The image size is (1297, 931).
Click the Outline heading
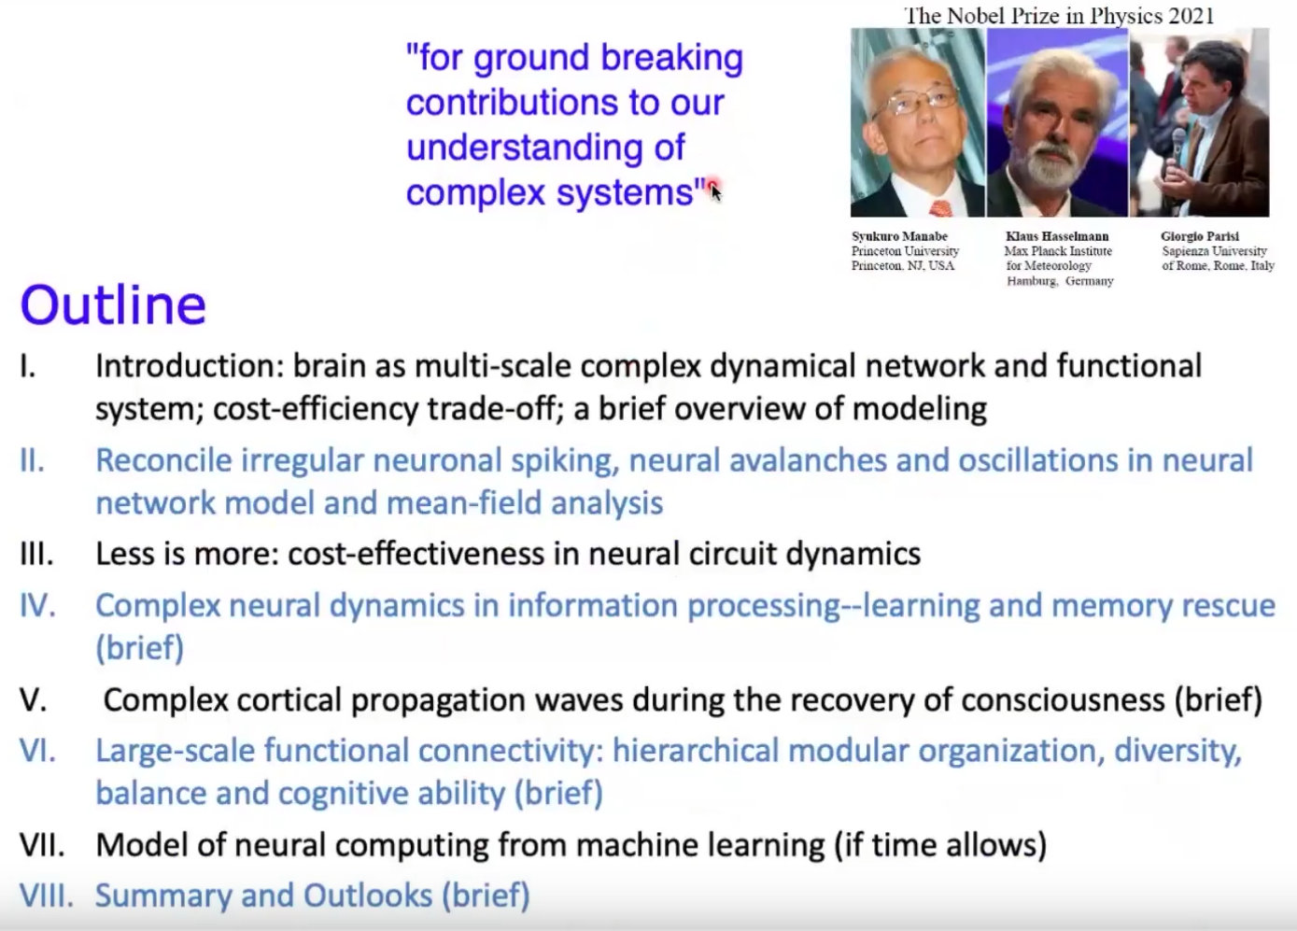114,305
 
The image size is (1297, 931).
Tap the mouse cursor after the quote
715,192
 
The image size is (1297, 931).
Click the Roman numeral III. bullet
36,554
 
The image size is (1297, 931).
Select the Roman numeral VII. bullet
42,845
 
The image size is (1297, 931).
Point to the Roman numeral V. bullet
34,700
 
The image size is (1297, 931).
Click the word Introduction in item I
190,366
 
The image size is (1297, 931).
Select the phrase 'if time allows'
940,845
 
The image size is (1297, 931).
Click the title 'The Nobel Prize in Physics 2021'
1059,16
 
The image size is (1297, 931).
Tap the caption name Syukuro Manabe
899,236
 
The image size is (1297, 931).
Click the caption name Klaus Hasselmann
1057,236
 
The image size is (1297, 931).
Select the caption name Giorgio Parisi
1200,236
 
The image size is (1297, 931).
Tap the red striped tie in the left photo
939,208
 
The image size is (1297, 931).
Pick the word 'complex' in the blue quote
475,192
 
